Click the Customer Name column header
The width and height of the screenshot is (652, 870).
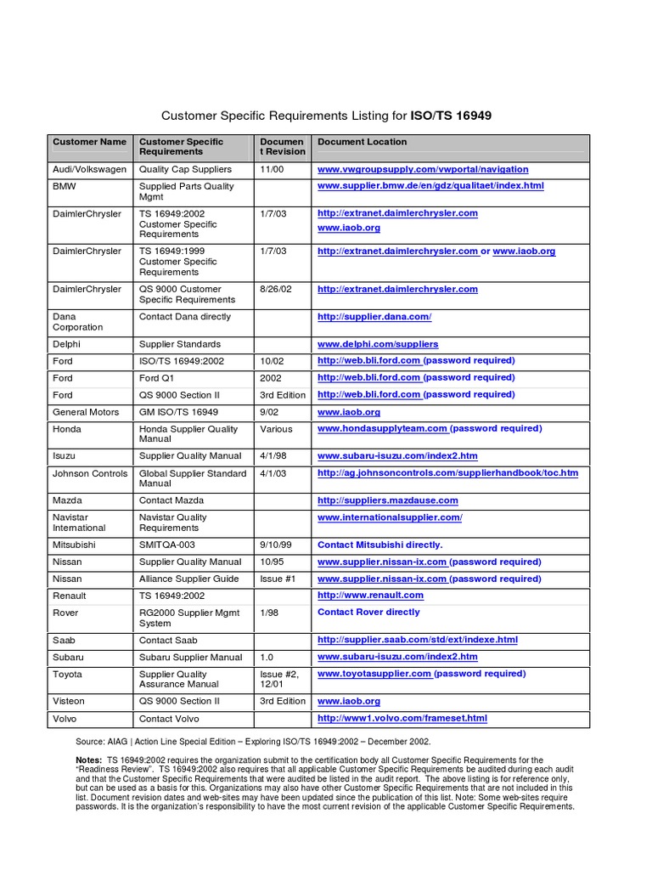tap(89, 142)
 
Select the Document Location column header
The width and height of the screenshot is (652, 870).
tap(362, 142)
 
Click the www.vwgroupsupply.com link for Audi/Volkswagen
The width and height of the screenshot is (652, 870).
tap(422, 169)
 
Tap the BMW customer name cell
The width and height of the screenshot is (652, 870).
tap(64, 186)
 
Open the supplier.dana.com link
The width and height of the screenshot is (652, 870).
tap(374, 317)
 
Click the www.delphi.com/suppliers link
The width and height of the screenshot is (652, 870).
tap(378, 344)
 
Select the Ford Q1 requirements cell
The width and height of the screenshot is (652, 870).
tap(160, 378)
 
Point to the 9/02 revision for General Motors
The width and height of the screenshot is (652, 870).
tap(270, 412)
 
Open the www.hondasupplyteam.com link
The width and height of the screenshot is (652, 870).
tap(382, 429)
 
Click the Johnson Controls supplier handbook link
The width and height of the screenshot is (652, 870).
tap(447, 473)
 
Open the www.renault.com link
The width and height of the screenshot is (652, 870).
tap(370, 596)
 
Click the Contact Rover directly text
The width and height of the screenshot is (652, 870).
tap(368, 612)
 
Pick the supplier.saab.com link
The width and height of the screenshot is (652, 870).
tap(417, 640)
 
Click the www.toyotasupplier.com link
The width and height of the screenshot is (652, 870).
tap(374, 674)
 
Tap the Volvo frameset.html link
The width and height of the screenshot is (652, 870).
tap(402, 718)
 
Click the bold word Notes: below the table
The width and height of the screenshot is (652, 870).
tap(89, 760)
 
